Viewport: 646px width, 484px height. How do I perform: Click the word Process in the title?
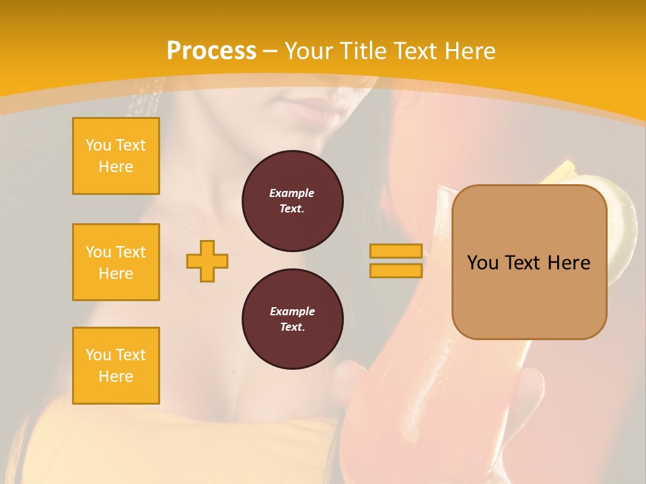211,51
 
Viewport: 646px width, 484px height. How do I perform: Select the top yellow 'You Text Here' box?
116,156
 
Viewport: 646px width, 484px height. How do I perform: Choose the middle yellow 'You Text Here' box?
116,262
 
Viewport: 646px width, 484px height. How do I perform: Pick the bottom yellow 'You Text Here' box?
116,366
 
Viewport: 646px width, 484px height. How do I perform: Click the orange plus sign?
207,261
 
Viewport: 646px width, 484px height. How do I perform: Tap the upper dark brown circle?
292,201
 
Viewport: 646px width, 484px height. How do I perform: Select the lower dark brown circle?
292,319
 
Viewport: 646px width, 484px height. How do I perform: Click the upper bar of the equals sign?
396,251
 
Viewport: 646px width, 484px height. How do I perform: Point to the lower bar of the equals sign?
396,270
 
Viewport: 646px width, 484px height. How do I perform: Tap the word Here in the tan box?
569,263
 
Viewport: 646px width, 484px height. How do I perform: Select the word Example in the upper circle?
292,193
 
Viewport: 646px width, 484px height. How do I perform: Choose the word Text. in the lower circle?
292,327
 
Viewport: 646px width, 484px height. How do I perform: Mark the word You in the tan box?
482,263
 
